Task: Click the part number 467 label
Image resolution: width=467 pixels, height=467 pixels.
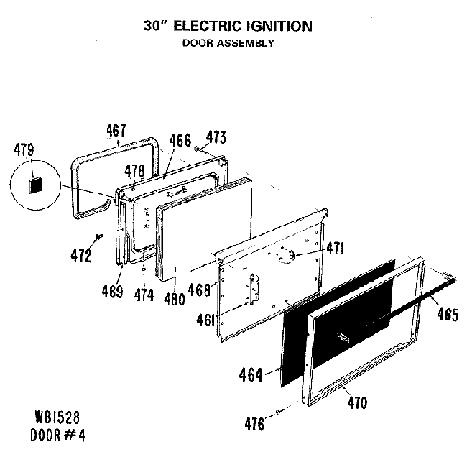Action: tap(116, 131)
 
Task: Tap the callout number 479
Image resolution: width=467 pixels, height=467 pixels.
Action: tap(24, 152)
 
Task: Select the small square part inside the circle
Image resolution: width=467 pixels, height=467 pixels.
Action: tap(33, 185)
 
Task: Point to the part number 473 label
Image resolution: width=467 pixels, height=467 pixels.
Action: tap(216, 137)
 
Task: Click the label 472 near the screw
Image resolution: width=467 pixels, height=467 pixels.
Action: tap(80, 256)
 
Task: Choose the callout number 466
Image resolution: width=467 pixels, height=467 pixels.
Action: tap(180, 141)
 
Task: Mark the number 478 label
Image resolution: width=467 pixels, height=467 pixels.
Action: tap(134, 171)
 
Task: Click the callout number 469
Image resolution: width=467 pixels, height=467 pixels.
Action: tap(112, 292)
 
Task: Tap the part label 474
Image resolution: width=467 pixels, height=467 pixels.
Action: tap(144, 295)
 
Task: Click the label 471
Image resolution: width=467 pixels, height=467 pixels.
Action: tap(334, 249)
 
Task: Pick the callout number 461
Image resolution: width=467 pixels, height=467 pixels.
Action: tap(206, 319)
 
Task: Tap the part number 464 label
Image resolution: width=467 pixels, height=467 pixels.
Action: tap(251, 374)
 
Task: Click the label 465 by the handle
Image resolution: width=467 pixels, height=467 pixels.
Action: tap(447, 314)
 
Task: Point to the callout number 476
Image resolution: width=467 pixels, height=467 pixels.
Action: tap(254, 423)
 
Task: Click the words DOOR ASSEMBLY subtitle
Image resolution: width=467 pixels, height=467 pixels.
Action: tap(226, 43)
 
